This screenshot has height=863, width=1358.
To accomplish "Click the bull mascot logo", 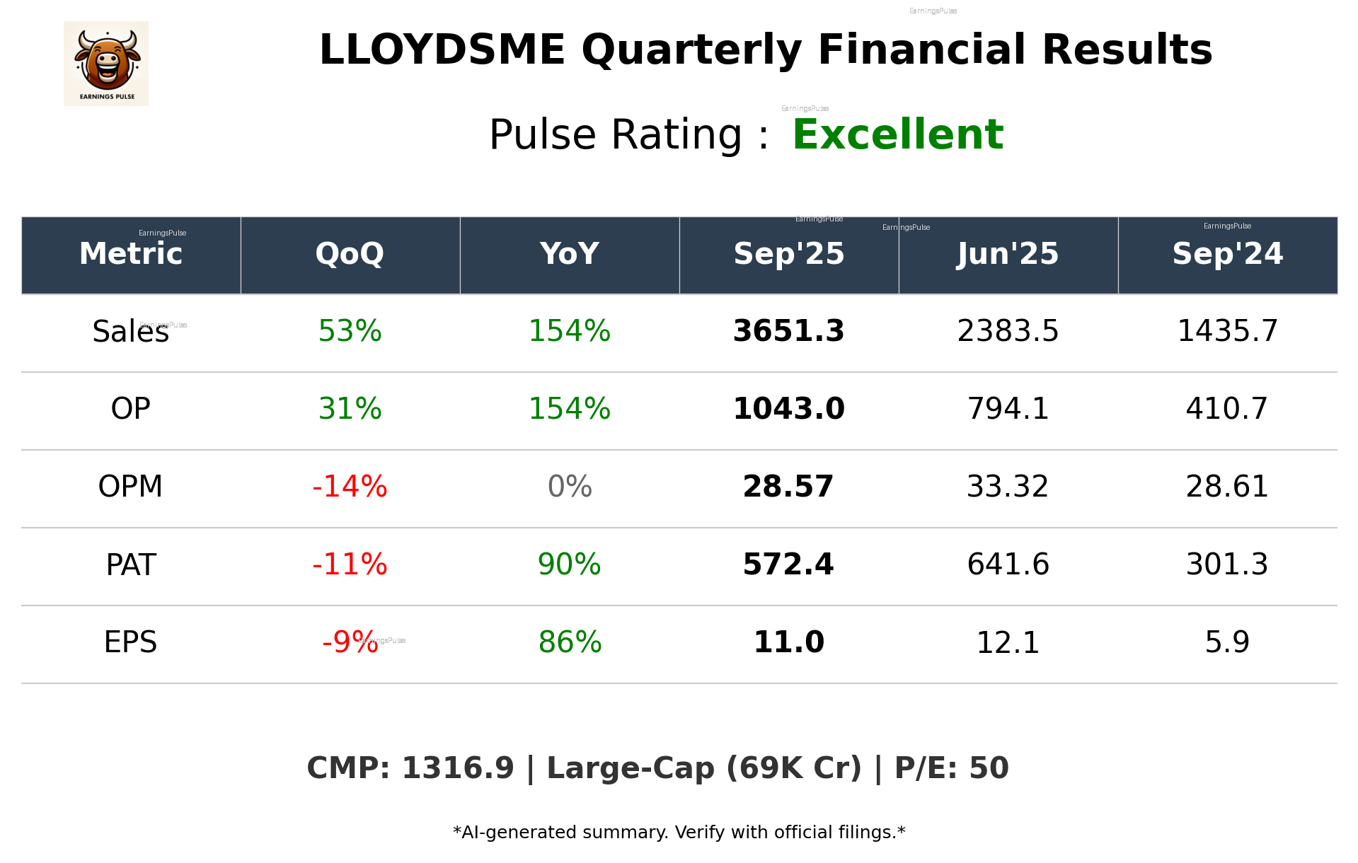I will (x=106, y=63).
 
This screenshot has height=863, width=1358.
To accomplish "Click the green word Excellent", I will (x=897, y=134).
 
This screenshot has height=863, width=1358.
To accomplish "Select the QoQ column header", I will (x=350, y=254).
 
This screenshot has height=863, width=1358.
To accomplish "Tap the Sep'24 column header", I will (x=1227, y=254).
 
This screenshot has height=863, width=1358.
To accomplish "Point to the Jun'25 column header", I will (x=1008, y=254).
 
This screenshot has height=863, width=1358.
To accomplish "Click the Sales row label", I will (x=130, y=331).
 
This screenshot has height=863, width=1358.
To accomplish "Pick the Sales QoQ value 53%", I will (x=350, y=331).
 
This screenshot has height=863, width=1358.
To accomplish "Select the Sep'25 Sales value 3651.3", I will (x=788, y=331).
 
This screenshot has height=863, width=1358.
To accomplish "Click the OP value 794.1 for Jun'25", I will (x=1008, y=409).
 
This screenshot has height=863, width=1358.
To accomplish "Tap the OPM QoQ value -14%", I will (x=350, y=487).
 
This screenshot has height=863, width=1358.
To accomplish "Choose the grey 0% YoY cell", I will (x=570, y=487).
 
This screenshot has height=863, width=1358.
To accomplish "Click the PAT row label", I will (x=130, y=564).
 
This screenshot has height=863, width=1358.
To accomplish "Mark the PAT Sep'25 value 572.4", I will (x=788, y=564).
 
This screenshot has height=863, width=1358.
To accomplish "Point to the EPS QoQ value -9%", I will (x=350, y=642).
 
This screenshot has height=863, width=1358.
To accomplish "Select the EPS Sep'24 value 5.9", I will (x=1227, y=642).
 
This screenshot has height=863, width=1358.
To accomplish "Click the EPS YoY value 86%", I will (x=570, y=642).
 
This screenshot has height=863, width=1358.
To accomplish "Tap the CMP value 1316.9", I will (x=458, y=768).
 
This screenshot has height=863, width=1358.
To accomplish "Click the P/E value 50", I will (x=989, y=768).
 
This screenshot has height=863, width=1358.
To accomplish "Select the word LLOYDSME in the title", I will (x=442, y=50).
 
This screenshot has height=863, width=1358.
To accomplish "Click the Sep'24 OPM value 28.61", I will (x=1227, y=487).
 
